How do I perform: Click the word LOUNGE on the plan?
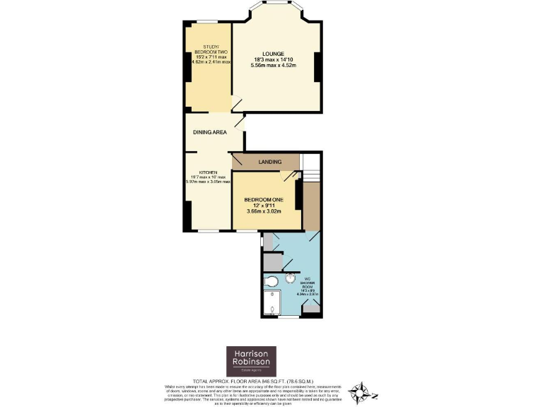273,54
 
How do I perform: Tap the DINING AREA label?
210,132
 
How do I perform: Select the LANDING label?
270,162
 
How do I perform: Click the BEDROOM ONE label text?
263,199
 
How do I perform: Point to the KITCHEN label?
207,172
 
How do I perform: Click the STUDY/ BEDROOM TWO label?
210,49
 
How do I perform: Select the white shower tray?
271,304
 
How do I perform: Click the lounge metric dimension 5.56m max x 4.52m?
273,66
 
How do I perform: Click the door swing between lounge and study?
237,104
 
